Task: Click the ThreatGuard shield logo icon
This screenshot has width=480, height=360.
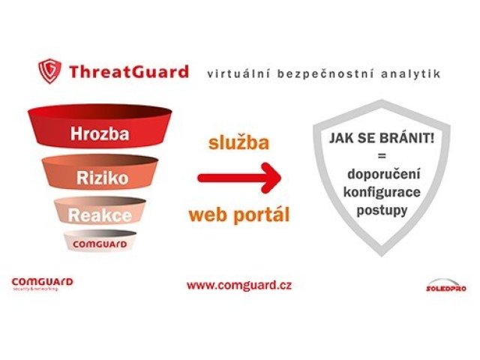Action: point(50,71)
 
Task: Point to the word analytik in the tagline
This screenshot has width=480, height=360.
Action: point(409,73)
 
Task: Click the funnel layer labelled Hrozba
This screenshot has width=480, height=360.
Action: point(100,134)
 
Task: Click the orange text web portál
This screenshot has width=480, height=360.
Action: point(238,215)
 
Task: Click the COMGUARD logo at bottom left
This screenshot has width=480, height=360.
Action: point(42,283)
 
